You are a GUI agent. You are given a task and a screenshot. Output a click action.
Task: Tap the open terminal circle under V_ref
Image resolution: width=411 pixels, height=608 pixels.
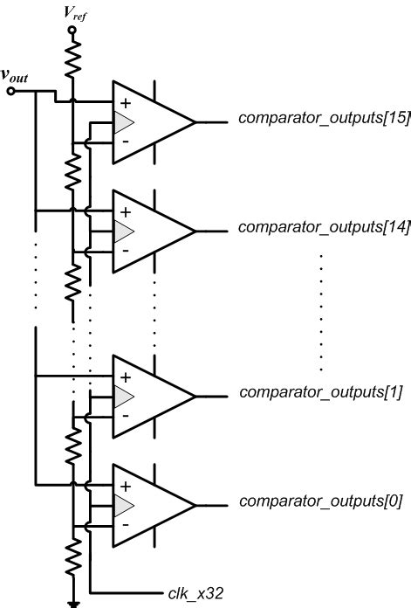(72, 29)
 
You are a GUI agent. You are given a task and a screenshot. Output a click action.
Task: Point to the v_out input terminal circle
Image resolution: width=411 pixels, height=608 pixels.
(10, 90)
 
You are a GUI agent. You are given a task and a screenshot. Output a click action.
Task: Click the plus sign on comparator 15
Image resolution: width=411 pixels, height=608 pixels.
(124, 103)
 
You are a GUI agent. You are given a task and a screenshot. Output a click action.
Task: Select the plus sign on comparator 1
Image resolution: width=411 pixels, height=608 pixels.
(124, 377)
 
